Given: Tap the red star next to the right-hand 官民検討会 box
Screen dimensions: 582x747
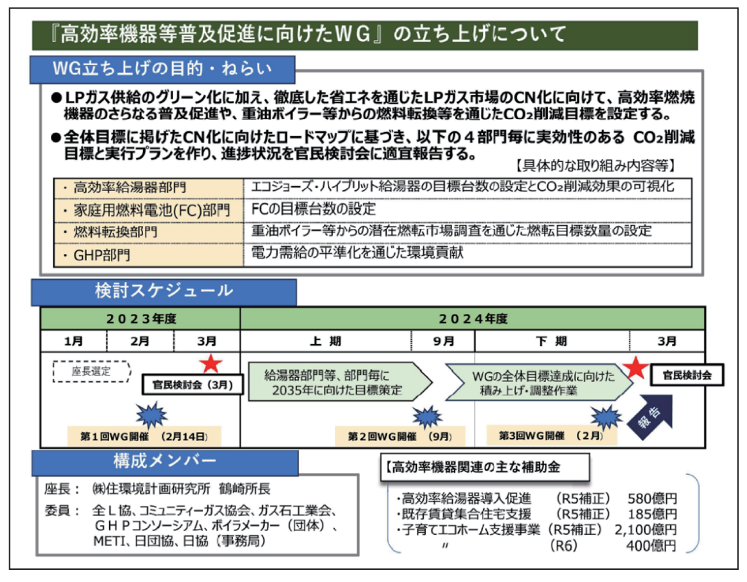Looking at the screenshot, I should pos(636,367).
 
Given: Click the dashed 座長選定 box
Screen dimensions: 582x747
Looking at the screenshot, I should pos(91,371).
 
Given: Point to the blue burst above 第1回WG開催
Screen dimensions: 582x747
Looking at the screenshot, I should pos(151,415).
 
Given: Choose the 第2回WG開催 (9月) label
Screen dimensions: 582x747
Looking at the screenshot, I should pos(399,436).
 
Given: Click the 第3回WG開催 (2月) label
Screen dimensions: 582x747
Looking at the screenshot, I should pos(551,435).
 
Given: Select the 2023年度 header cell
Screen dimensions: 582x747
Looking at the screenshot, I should pos(141,319).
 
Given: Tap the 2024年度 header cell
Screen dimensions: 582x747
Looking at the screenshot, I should pos(473,319).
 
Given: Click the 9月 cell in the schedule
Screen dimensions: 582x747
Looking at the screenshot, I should pos(443,341).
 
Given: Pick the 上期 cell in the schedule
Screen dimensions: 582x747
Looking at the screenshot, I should pos(326,341).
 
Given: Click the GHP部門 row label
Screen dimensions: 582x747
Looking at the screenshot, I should pos(148,255).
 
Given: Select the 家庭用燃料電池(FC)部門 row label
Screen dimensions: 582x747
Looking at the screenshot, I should pos(148,210).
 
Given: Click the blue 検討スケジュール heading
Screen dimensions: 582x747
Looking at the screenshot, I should pos(164,291).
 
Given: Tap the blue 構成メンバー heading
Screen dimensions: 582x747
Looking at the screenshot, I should pos(165,461).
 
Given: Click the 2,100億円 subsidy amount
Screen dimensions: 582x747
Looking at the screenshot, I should pos(645,529).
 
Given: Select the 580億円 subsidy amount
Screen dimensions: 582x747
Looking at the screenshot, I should pos(652,498).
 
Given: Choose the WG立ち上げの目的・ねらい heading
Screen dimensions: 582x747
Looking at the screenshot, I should pos(162,69).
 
